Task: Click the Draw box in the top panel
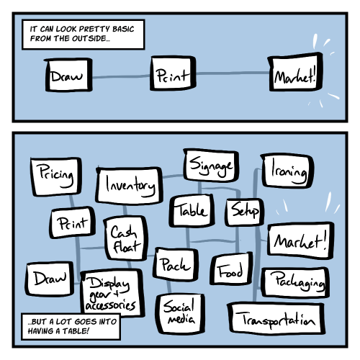pyautogui.click(x=68, y=75)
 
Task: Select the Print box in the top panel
pyautogui.click(x=173, y=73)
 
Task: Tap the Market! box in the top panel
pyautogui.click(x=295, y=72)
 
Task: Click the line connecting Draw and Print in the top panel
pyautogui.click(x=122, y=77)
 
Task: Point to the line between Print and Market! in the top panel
pyautogui.click(x=232, y=73)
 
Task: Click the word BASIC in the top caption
pyautogui.click(x=123, y=29)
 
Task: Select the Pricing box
pyautogui.click(x=56, y=176)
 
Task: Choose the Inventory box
pyautogui.click(x=130, y=186)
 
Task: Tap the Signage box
pyautogui.click(x=211, y=166)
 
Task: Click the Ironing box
pyautogui.click(x=287, y=171)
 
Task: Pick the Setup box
pyautogui.click(x=245, y=212)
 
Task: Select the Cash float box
pyautogui.click(x=126, y=238)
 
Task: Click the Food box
pyautogui.click(x=231, y=269)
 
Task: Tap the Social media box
pyautogui.click(x=180, y=313)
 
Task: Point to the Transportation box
pyautogui.click(x=276, y=318)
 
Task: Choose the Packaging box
pyautogui.click(x=295, y=282)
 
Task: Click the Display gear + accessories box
pyautogui.click(x=112, y=293)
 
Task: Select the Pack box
pyautogui.click(x=176, y=264)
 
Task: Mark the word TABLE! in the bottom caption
pyautogui.click(x=76, y=331)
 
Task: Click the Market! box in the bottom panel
pyautogui.click(x=301, y=240)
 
